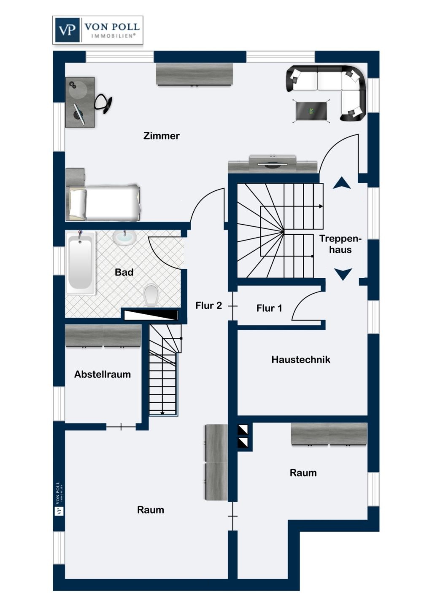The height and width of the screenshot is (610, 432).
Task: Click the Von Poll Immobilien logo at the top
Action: point(97,30)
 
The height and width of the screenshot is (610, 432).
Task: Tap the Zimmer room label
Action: point(161,136)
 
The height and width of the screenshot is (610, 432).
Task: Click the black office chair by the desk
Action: point(103,103)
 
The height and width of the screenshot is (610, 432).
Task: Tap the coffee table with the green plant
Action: point(311,111)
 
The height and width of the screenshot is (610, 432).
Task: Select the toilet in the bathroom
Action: point(151,294)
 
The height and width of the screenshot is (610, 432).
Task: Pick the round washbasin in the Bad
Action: point(124,238)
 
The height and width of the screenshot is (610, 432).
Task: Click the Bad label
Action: point(124,272)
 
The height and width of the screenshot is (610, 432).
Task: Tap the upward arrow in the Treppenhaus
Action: point(342,183)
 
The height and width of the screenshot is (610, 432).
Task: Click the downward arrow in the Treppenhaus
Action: point(343,274)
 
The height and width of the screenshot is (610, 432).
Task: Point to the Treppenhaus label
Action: point(340,244)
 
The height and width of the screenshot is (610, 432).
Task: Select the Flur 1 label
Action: point(269,308)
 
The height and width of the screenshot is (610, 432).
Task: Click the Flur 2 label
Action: point(208,305)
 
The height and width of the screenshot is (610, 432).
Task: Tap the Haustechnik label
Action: point(300,359)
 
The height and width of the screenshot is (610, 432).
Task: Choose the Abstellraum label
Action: point(103,374)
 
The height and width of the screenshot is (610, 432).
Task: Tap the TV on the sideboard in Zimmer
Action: point(273,164)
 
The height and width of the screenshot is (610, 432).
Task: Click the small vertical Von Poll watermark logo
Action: point(59,499)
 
